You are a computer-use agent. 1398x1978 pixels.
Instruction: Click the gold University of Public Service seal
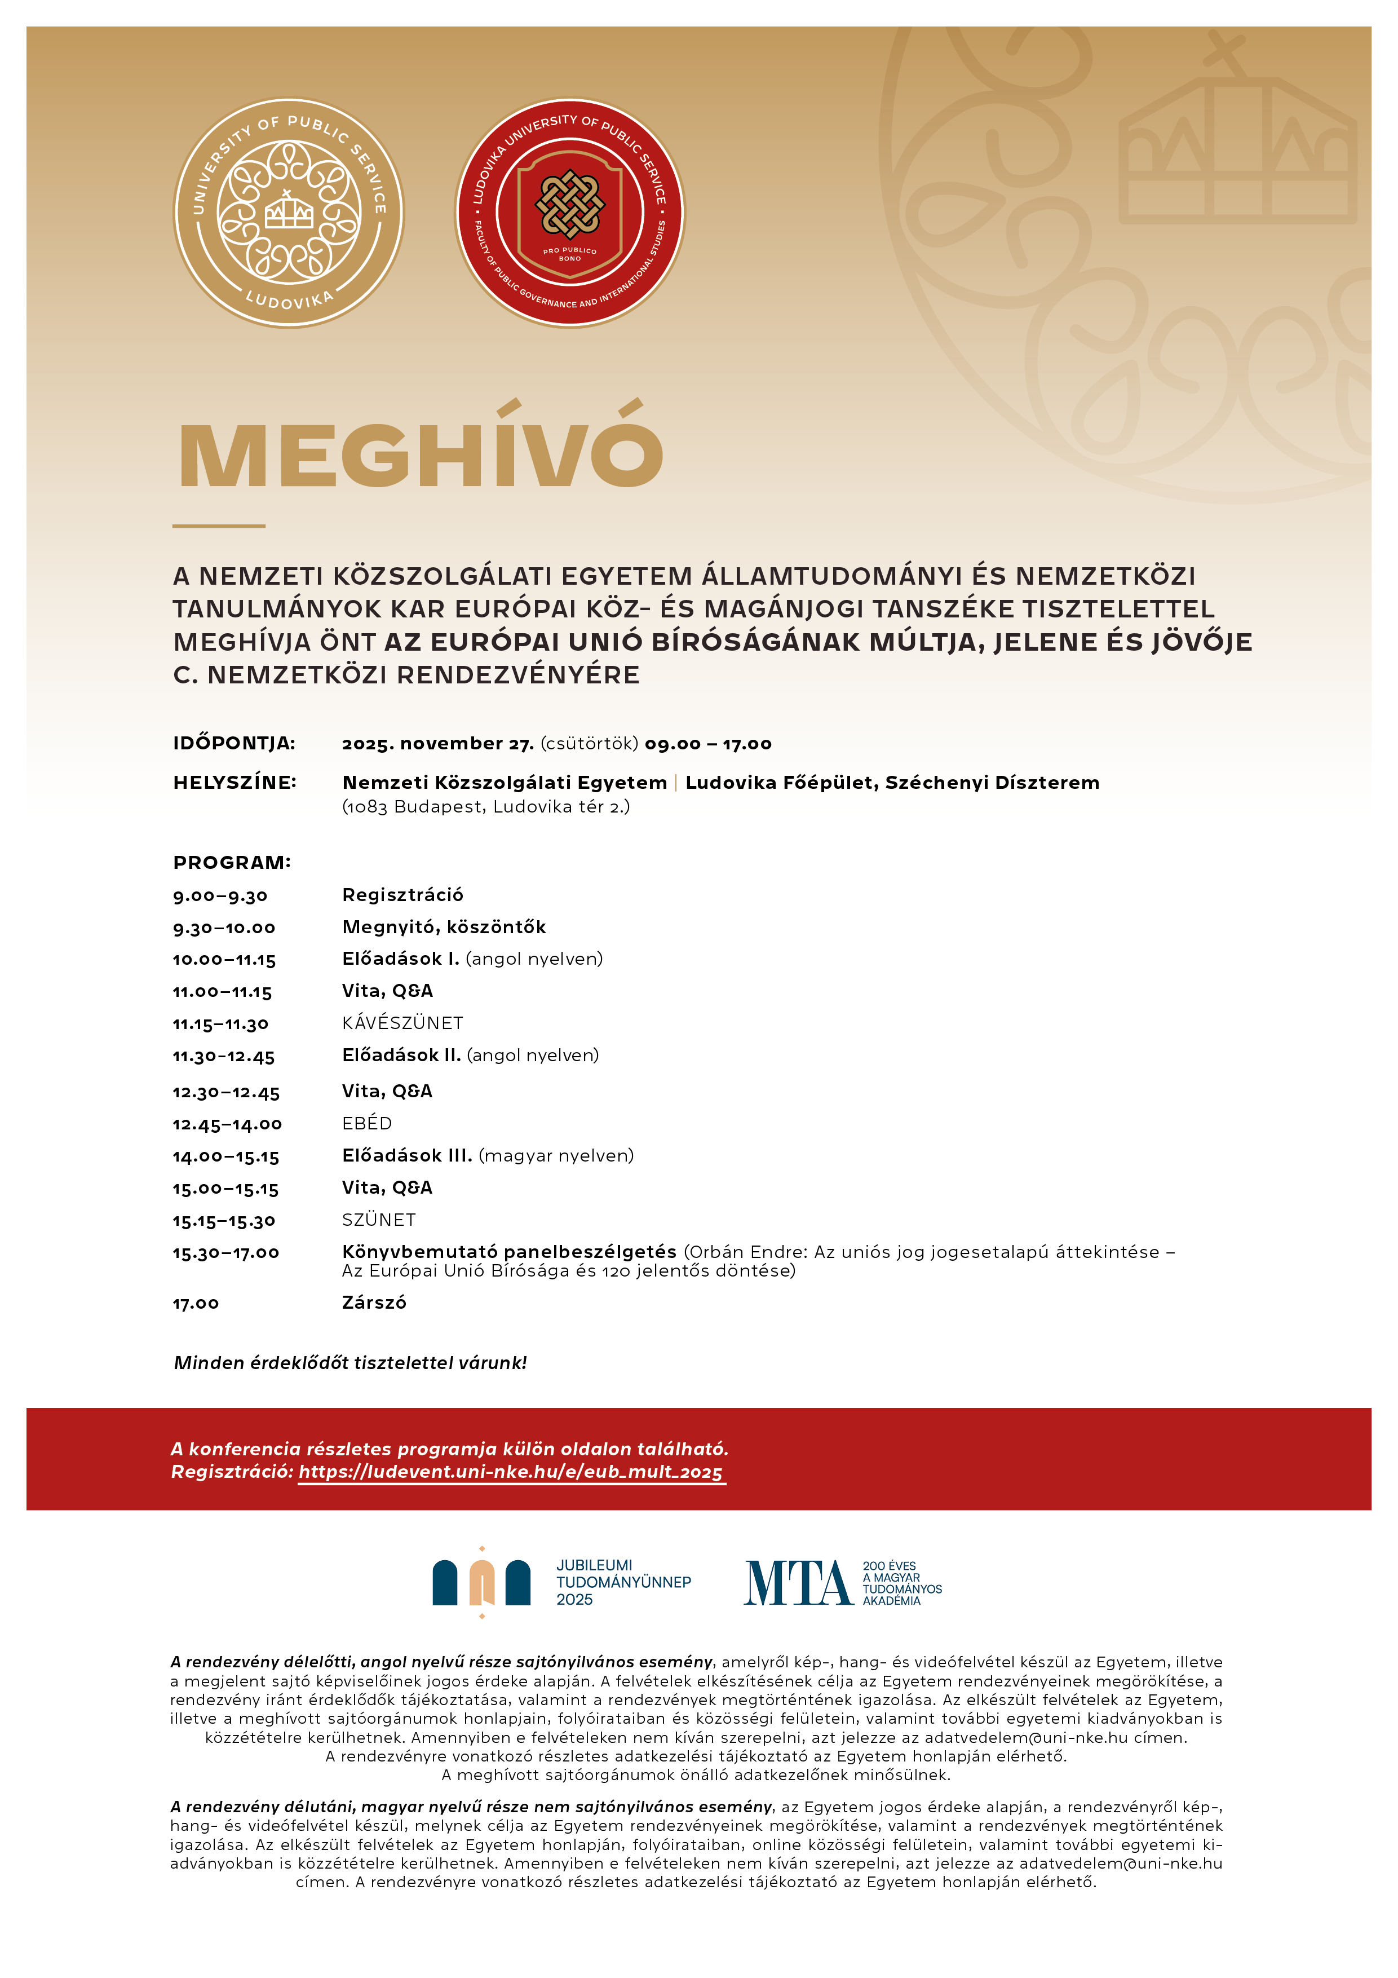pos(289,212)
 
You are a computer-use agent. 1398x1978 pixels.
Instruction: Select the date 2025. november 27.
pos(437,744)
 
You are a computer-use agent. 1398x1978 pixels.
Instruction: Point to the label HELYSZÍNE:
pos(235,782)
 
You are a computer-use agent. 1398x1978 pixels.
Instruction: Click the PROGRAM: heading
pos(232,862)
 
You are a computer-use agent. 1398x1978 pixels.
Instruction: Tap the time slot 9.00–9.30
pos(220,896)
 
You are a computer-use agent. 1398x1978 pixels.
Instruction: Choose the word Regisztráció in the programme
pos(402,895)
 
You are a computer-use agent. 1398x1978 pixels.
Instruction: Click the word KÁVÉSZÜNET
pos(402,1023)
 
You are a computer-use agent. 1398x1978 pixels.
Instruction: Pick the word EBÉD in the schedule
pos(367,1123)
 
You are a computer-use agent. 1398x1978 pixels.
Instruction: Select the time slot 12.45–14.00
pos(227,1124)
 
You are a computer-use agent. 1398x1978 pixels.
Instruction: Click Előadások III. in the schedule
pos(406,1155)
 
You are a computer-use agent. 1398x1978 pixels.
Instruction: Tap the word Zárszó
pos(374,1303)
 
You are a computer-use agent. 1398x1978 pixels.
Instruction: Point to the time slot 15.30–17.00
pos(225,1253)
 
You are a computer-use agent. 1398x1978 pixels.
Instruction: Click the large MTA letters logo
pos(798,1583)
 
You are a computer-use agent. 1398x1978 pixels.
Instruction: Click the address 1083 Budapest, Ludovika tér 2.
pos(486,807)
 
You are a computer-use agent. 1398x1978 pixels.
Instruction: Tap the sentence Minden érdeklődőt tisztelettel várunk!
pos(349,1363)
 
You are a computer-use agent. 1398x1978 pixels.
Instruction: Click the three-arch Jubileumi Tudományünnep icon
pos(481,1583)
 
